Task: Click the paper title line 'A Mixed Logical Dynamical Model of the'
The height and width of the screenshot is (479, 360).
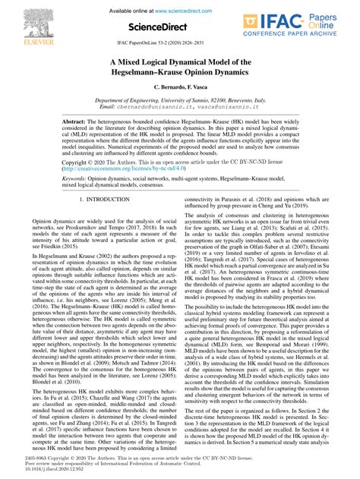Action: pyautogui.click(x=179, y=64)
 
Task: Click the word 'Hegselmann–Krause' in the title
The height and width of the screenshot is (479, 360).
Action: pyautogui.click(x=148, y=74)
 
